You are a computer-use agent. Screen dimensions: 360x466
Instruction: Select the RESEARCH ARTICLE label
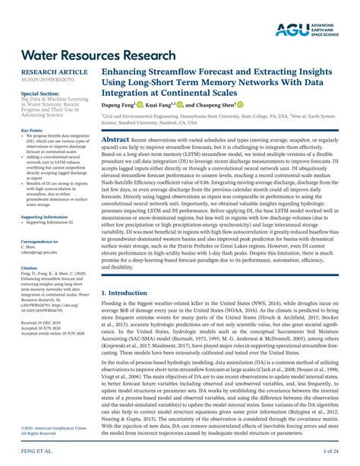coord(52,71)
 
